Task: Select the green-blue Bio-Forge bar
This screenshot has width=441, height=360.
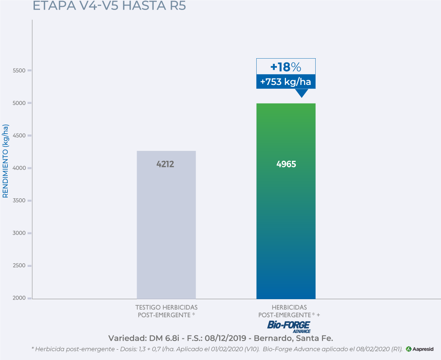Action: coord(286,224)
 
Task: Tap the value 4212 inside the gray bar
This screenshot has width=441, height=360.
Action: coord(166,164)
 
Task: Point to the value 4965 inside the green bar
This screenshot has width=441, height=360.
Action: coord(286,164)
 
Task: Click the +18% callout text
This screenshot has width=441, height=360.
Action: coord(286,67)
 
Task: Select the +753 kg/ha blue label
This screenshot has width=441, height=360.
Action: coord(286,81)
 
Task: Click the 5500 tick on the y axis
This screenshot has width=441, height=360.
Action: coord(19,70)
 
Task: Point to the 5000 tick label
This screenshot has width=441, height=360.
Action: coord(19,103)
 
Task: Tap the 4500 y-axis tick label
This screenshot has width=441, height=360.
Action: coord(19,135)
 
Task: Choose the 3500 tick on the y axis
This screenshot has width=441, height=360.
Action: coord(19,200)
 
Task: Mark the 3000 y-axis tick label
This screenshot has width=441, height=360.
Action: coord(19,233)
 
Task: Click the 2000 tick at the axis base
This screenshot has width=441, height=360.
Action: coord(19,298)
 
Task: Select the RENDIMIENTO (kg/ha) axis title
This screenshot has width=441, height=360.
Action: coord(6,161)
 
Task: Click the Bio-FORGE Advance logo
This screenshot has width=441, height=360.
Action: coord(289,326)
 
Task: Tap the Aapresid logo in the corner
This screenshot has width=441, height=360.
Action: coord(420,349)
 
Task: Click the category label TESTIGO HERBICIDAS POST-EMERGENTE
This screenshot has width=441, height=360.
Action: coord(166,311)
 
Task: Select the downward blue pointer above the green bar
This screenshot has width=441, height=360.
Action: coord(301,93)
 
